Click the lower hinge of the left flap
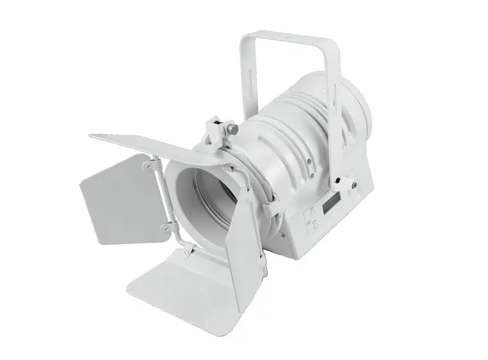167,225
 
